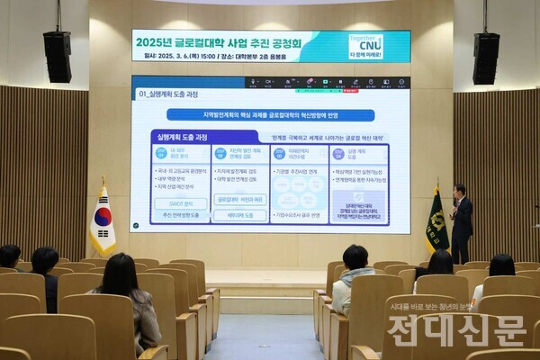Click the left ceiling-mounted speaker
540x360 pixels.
[x=57, y=56]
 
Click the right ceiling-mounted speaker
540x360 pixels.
[x=486, y=57]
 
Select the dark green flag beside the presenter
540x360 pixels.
[x=436, y=220]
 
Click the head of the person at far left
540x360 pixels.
[x=9, y=256]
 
